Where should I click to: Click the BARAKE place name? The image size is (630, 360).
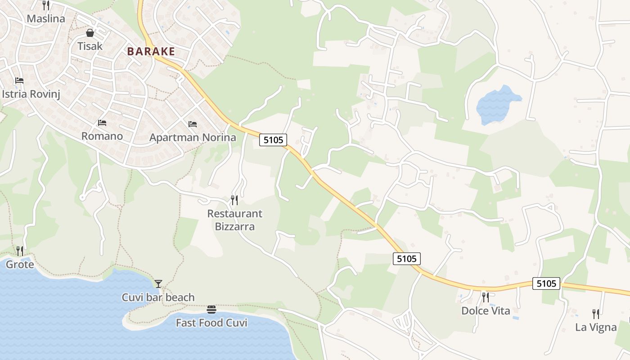point(151,51)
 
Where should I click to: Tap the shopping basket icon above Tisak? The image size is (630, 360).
point(90,33)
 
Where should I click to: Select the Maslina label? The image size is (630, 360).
point(46,19)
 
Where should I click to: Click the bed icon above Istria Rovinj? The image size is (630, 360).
point(19,81)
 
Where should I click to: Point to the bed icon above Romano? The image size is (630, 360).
point(102,122)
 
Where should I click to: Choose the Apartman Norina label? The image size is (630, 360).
point(193,137)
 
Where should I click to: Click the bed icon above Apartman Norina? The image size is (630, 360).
point(193,124)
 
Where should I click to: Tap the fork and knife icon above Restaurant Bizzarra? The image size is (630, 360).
point(234,199)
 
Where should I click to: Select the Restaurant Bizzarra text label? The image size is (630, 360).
point(234,220)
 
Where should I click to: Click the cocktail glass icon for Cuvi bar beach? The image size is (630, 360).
point(158,283)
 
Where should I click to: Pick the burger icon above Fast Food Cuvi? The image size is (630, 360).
point(211,309)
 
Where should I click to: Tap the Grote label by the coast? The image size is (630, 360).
point(20,264)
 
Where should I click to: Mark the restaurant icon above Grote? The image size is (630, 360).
point(20,251)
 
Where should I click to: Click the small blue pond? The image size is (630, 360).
point(496,104)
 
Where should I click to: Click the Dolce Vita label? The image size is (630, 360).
point(486,310)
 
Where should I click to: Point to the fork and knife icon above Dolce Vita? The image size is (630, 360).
point(485,297)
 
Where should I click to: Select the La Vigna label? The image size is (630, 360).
point(596,327)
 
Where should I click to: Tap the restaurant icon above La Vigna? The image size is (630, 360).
point(596,314)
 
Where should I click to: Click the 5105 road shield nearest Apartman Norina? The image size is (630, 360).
point(273,140)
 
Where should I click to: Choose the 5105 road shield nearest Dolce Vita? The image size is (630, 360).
point(546,283)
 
